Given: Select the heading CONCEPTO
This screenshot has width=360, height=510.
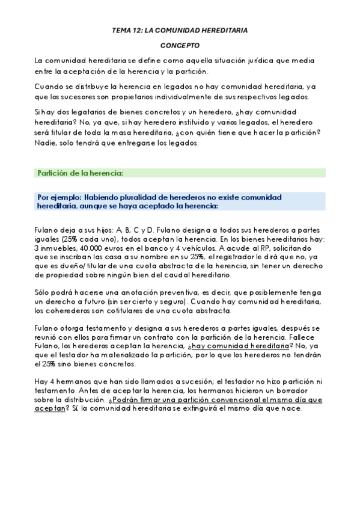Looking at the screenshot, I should coord(180,45).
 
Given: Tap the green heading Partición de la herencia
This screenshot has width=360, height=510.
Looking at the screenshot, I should coord(80,173).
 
